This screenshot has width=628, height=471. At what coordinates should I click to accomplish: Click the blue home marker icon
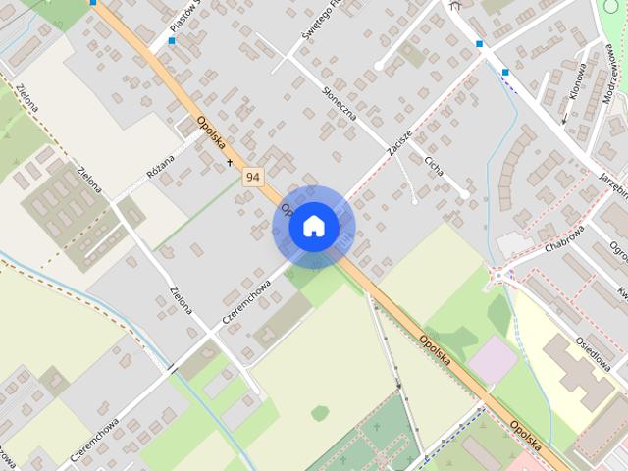pos(314,227)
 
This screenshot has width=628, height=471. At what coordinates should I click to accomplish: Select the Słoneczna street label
pos(339,103)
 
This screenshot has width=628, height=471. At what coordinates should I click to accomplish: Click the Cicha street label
pos(433,164)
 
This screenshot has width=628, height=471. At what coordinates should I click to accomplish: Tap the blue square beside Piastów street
pos(172,41)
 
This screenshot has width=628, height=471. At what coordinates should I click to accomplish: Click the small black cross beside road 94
pos(231,162)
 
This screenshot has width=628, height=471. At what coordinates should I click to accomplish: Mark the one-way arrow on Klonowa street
pos(564,120)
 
